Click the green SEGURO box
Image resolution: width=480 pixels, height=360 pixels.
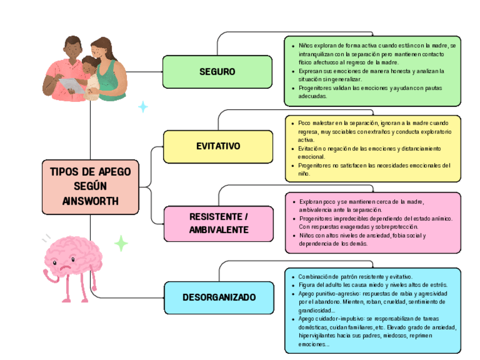(x=217, y=72)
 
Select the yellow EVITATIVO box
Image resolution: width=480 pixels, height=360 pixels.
(x=218, y=146)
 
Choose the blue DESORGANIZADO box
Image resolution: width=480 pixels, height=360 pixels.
(x=218, y=297)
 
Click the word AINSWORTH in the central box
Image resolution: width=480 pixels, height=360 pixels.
(x=91, y=200)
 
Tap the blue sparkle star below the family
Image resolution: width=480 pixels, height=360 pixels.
(x=143, y=106)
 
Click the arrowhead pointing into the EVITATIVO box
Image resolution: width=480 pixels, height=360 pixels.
(x=161, y=147)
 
